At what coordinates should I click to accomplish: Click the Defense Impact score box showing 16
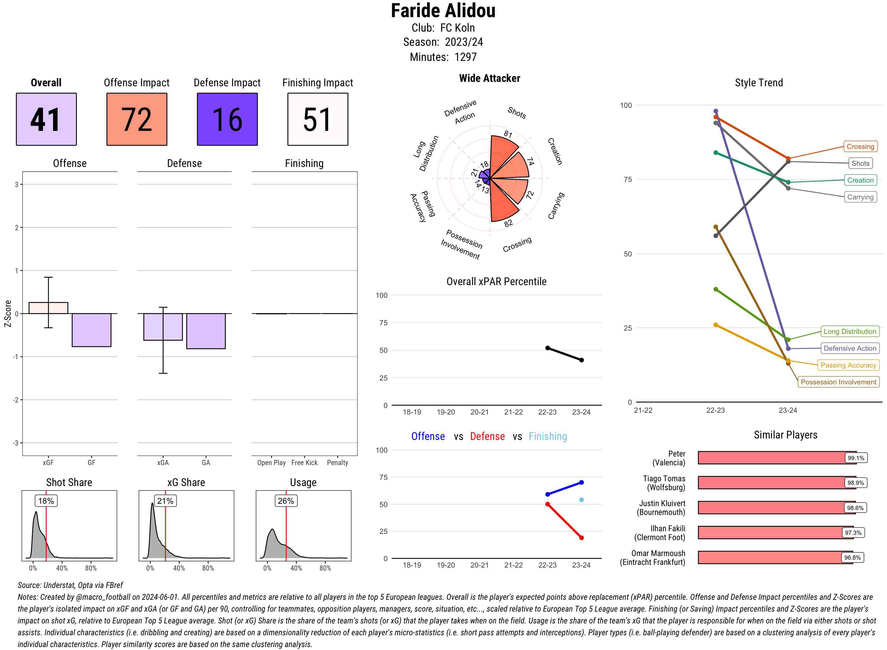pos(227,119)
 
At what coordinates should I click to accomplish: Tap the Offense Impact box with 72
pos(137,119)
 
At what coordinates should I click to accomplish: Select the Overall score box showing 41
pos(46,119)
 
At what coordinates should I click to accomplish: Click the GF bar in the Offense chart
pos(91,330)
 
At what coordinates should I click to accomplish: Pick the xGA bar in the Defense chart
pos(163,326)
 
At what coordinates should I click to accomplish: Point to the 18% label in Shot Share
pos(46,501)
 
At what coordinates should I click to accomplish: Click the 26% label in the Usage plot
pos(286,501)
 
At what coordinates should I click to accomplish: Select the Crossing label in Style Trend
pos(860,146)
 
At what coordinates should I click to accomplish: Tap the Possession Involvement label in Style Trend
pos(838,382)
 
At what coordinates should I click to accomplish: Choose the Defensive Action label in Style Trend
pos(850,348)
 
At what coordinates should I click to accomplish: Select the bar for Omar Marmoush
pos(775,558)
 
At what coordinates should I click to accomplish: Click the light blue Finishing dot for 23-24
pos(582,500)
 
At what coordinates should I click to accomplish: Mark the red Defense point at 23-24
pos(582,537)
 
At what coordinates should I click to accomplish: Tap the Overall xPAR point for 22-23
pos(548,348)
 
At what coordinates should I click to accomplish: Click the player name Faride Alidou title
pos(443,11)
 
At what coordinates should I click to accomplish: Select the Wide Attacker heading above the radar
pos(489,78)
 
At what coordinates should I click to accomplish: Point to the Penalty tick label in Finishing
pos(337,463)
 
